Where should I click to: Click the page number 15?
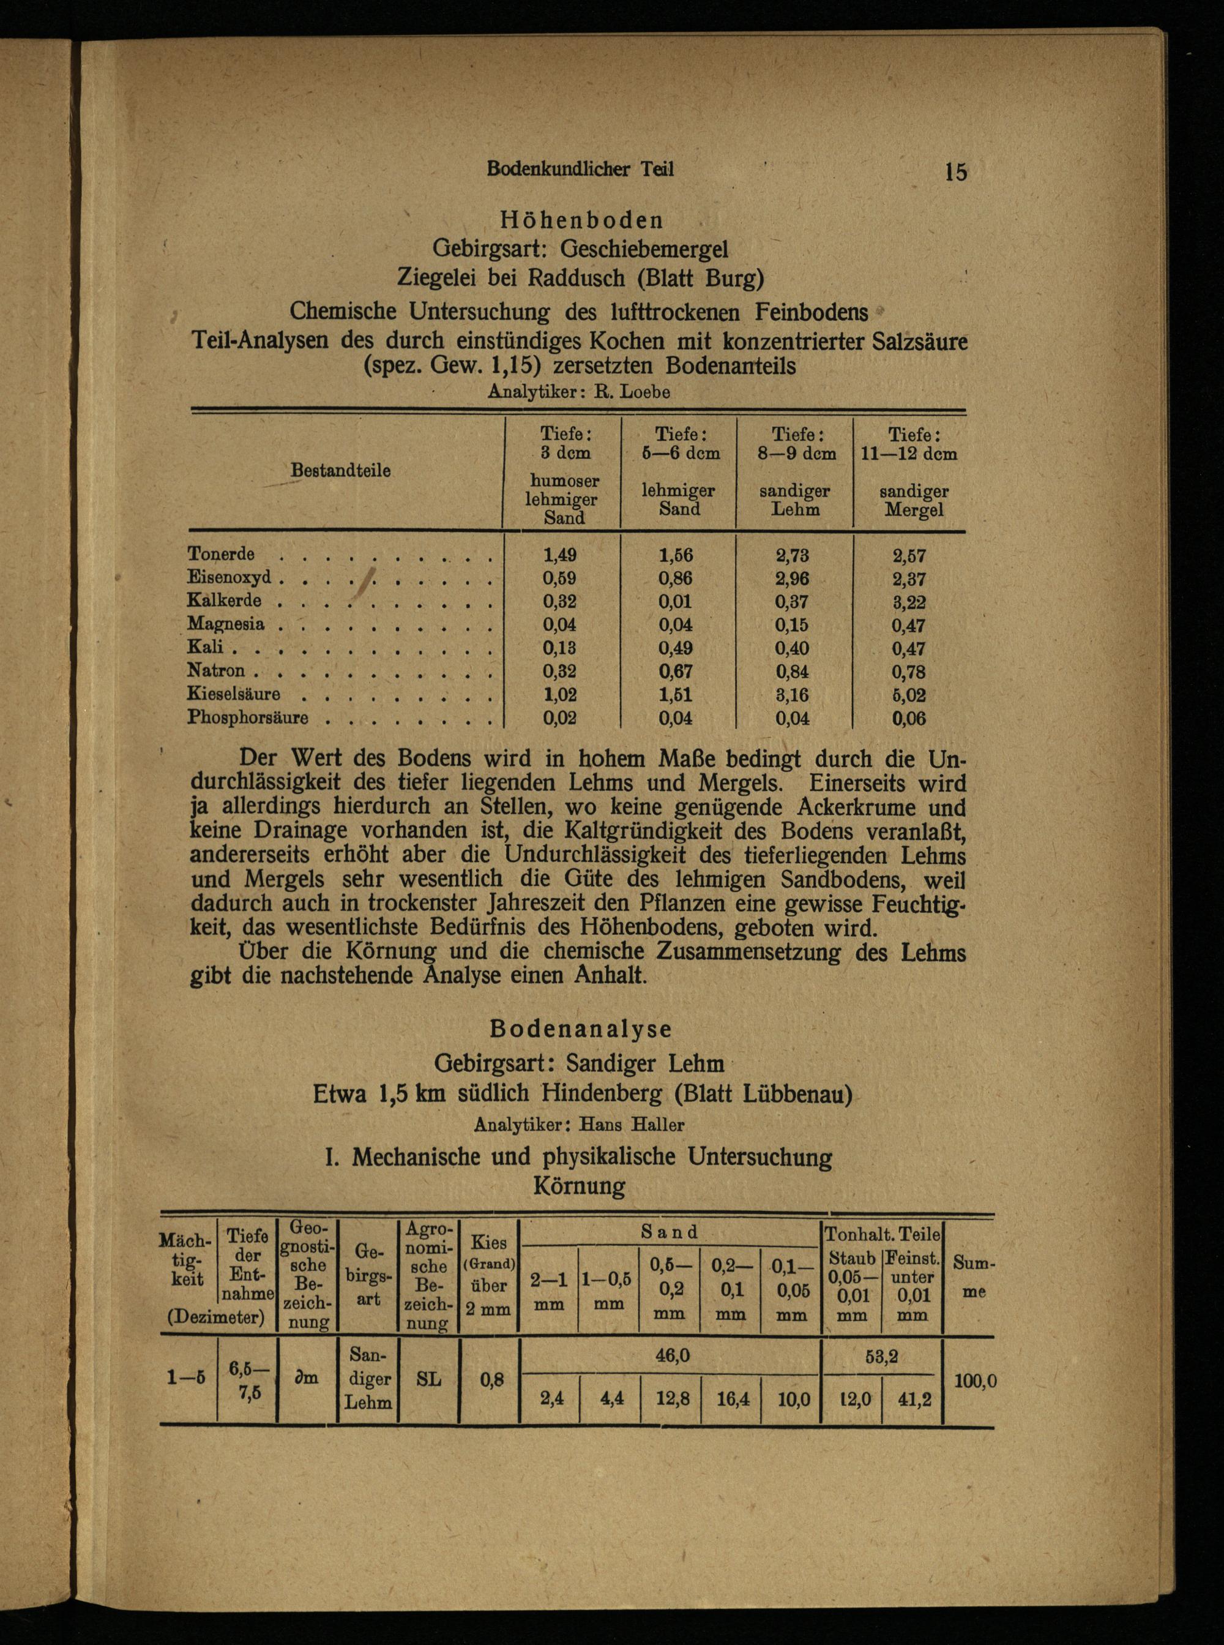click(x=955, y=172)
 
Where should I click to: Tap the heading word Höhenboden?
click(x=581, y=220)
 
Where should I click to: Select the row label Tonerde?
click(x=221, y=554)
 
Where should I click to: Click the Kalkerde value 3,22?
click(x=908, y=602)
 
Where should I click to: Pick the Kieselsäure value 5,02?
click(x=908, y=695)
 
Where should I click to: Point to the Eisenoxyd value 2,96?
click(x=792, y=578)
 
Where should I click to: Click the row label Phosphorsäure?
click(x=247, y=718)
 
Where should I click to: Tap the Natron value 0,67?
click(x=676, y=672)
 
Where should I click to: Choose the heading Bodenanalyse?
click(x=581, y=1029)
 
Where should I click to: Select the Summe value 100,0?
click(x=975, y=1381)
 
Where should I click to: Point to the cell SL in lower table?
click(x=429, y=1379)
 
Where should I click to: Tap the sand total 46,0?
click(x=673, y=1355)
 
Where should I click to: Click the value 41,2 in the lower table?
click(x=913, y=1400)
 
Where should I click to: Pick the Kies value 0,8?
click(x=491, y=1381)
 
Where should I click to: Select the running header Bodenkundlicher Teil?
click(x=580, y=169)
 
